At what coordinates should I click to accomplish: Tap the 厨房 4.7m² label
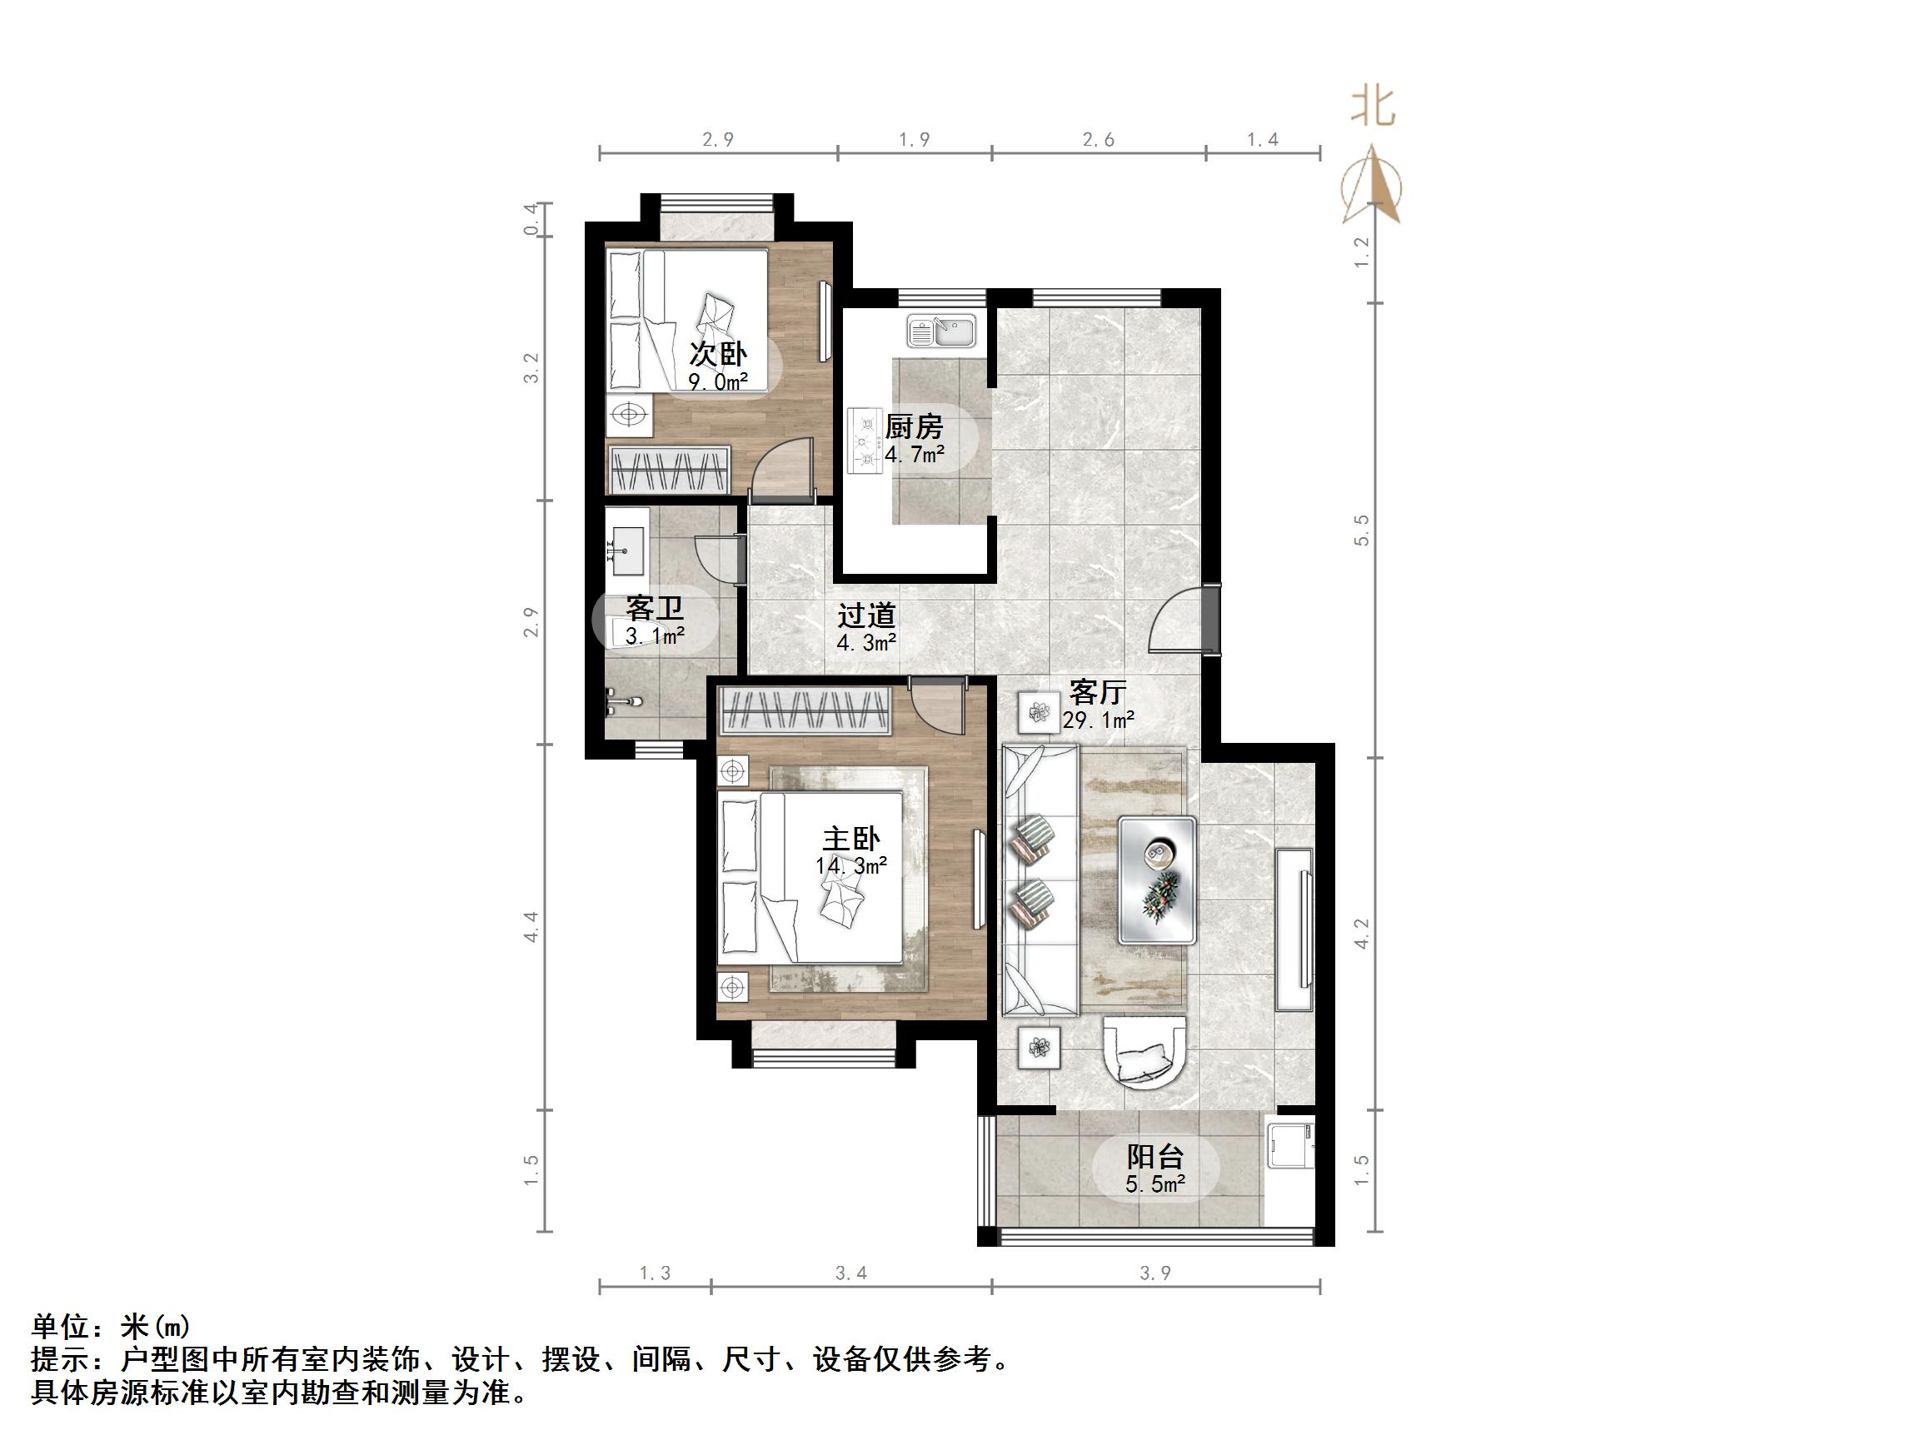click(914, 439)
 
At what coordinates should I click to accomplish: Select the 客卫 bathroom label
click(655, 620)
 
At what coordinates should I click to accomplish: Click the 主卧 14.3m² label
click(851, 851)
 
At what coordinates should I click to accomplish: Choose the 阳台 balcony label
click(1155, 1168)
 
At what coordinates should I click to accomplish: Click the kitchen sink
click(942, 331)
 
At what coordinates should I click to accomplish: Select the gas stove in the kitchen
click(866, 440)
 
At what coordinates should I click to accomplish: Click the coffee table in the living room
click(1157, 879)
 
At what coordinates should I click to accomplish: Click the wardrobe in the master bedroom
click(805, 710)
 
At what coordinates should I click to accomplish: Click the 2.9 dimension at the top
click(718, 139)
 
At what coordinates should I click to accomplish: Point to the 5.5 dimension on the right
click(1361, 530)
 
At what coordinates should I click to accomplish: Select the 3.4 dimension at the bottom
click(850, 1273)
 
